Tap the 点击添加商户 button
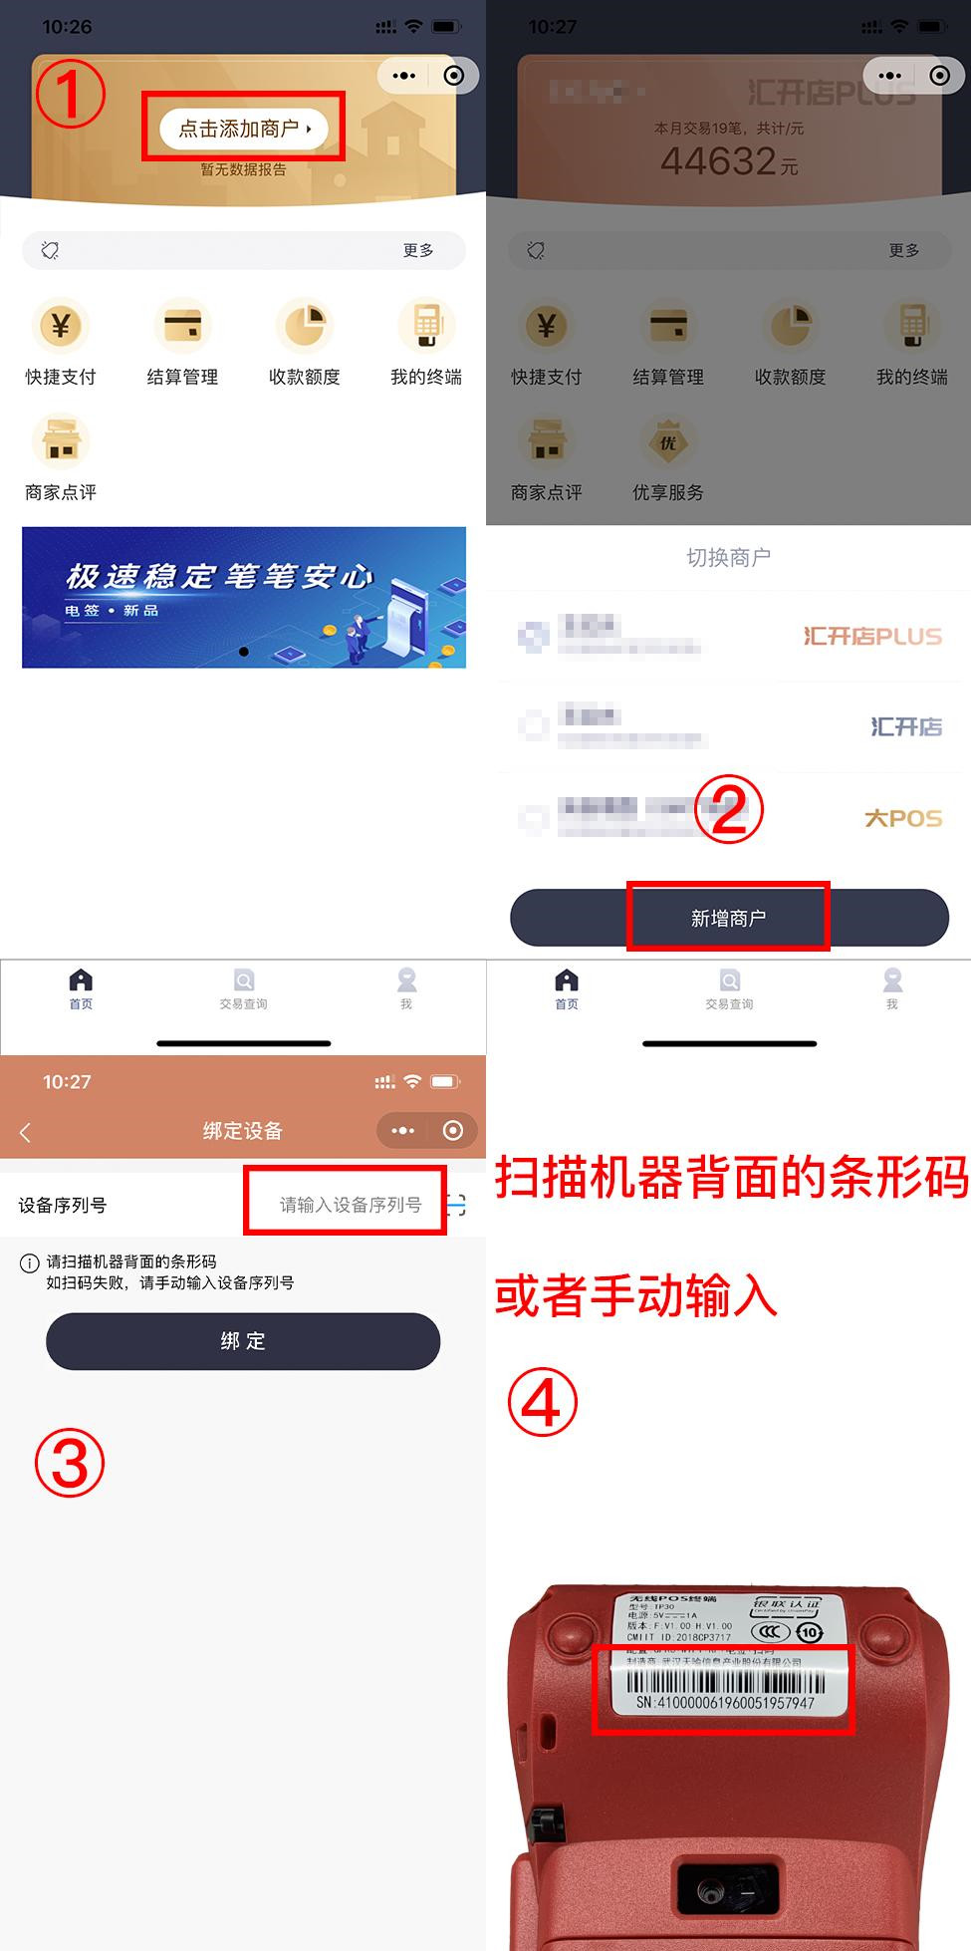coord(243,129)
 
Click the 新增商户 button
coord(728,918)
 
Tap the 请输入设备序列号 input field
coord(349,1205)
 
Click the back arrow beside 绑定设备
coord(26,1132)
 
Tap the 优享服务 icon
coord(667,443)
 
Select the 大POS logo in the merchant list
coord(902,818)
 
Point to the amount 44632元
coord(728,161)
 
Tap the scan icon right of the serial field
coord(457,1206)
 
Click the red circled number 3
coord(70,1463)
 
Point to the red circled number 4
coord(542,1402)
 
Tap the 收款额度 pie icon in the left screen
coord(304,326)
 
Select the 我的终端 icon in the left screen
coord(426,326)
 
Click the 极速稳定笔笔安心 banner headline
coord(219,576)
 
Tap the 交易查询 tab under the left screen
coord(243,987)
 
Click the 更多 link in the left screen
coord(418,250)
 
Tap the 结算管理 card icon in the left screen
coord(182,326)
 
